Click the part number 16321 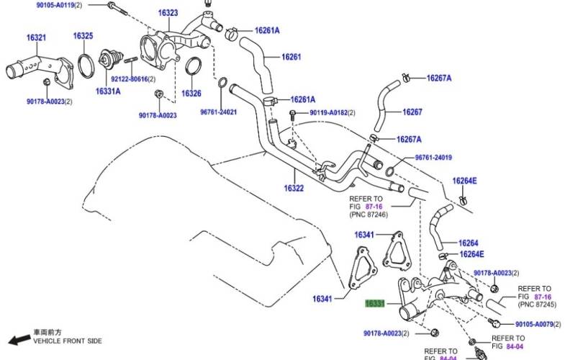[37, 37]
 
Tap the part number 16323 [168, 13]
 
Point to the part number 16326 [191, 93]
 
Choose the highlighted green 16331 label [376, 305]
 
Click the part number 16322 [294, 188]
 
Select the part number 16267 [412, 112]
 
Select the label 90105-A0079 [535, 325]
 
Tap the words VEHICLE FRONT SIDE [66, 341]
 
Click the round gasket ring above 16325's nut [84, 64]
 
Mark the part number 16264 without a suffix [468, 243]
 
